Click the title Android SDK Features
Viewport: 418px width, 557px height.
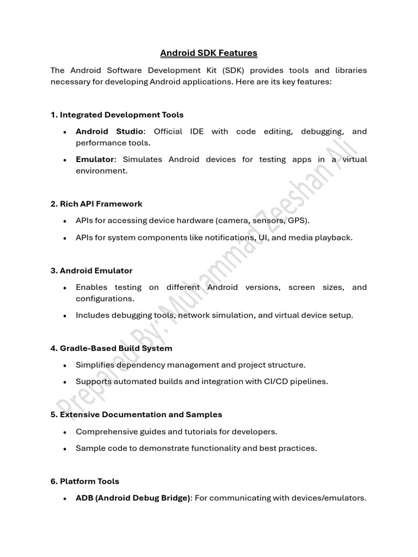point(208,53)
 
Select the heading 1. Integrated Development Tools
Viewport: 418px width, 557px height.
point(117,115)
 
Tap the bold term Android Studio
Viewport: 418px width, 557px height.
point(109,132)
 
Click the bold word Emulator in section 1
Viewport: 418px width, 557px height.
point(95,159)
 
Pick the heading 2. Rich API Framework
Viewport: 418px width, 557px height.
point(96,203)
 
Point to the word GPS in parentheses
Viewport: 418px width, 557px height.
point(299,221)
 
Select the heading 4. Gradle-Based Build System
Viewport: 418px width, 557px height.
point(111,348)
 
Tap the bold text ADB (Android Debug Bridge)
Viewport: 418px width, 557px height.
point(133,498)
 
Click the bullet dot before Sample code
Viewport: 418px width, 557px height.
point(65,449)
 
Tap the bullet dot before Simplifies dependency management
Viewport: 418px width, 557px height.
point(65,365)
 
